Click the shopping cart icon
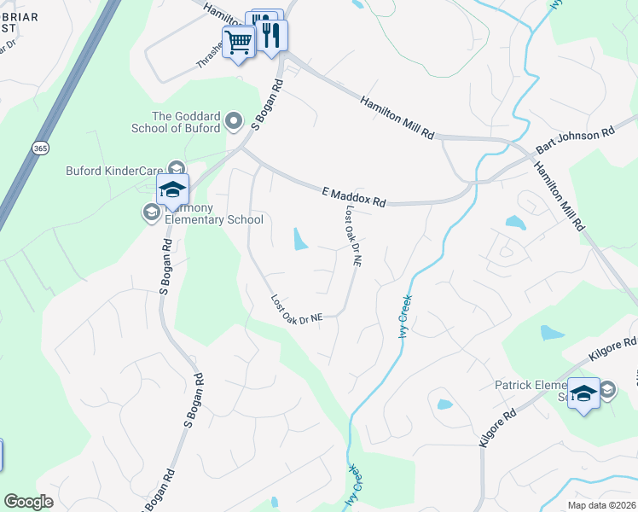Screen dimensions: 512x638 (x=239, y=40)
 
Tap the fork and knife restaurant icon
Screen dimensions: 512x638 (x=271, y=34)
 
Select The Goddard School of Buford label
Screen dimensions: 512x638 (x=186, y=122)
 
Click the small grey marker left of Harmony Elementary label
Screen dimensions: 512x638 (x=152, y=212)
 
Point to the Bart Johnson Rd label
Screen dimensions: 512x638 (x=575, y=142)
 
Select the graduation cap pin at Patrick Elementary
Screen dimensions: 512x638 (x=584, y=393)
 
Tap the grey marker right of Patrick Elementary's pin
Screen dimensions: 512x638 (x=606, y=391)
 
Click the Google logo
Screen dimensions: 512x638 (x=28, y=502)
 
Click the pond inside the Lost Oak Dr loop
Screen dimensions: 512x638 (x=299, y=240)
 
